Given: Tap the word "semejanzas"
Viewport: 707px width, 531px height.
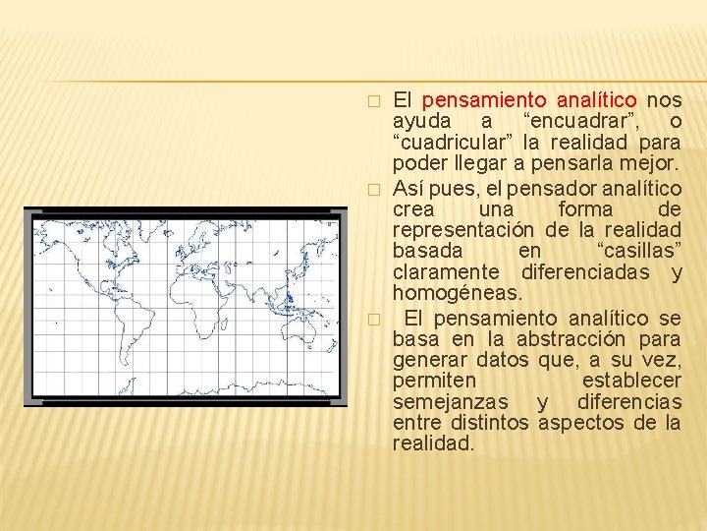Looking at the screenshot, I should click(x=450, y=401).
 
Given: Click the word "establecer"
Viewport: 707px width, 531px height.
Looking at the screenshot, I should click(x=631, y=381).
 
